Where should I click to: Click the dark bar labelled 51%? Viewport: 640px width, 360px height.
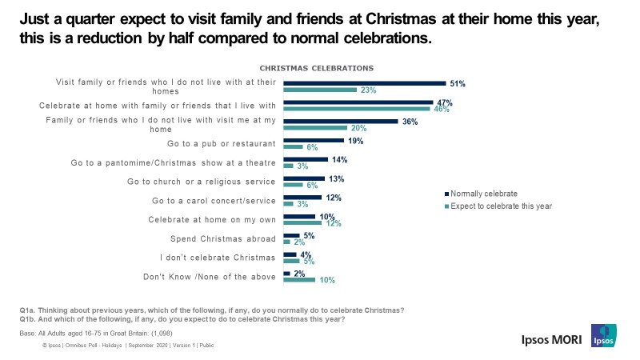point(365,82)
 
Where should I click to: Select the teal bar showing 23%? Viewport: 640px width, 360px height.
point(320,90)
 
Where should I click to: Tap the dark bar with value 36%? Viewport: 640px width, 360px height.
point(341,121)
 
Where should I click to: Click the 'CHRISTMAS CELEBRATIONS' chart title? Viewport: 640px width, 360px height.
point(317,68)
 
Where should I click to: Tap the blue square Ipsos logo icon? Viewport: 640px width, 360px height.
point(603,337)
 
